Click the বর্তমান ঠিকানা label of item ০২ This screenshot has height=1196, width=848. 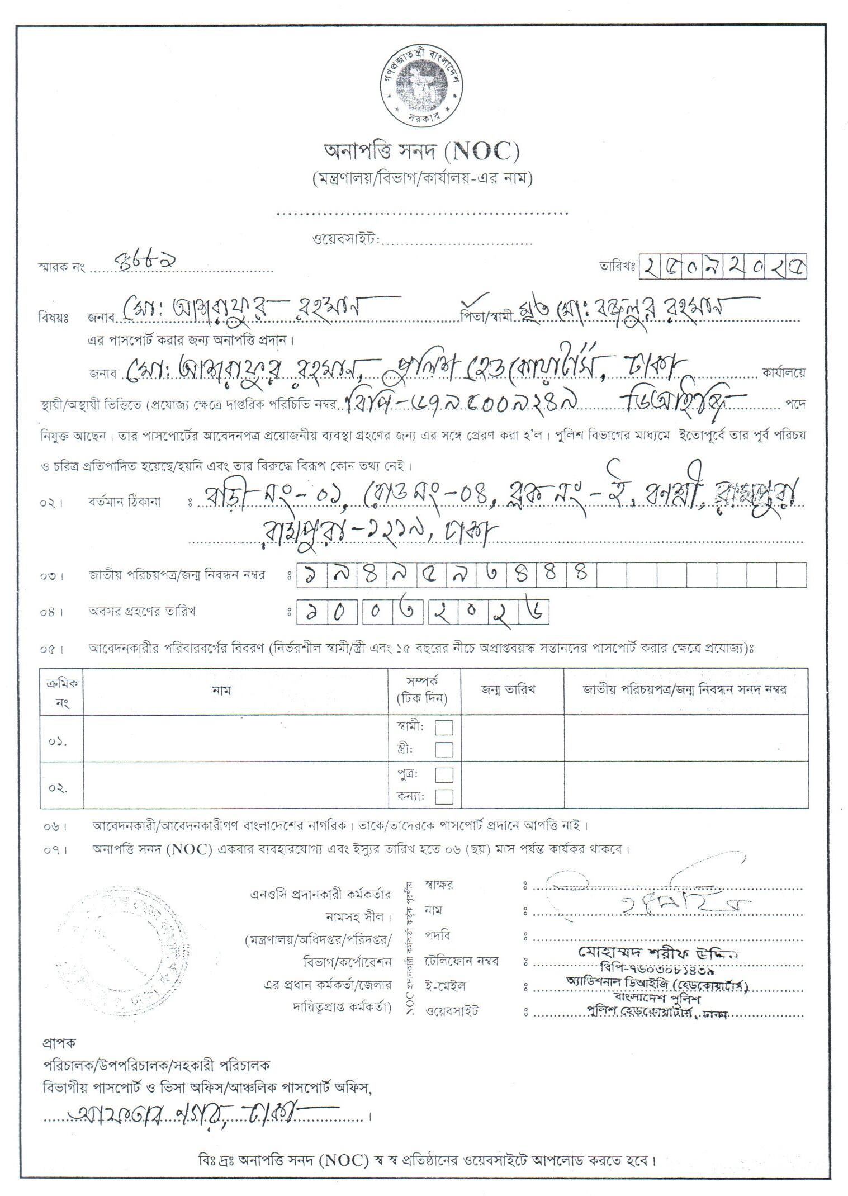(x=124, y=502)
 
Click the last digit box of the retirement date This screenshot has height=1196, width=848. (x=535, y=612)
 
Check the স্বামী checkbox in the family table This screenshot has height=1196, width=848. (x=444, y=727)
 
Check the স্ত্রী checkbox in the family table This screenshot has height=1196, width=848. (x=444, y=749)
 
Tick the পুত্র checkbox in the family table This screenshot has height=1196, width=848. (x=444, y=774)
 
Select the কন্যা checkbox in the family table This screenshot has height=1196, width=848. (x=444, y=796)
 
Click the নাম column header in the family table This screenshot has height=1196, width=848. (x=222, y=690)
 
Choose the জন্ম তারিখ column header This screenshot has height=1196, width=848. (x=508, y=689)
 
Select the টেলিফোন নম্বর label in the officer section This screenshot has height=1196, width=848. (x=461, y=961)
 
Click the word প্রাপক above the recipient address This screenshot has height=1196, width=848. (x=58, y=1042)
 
